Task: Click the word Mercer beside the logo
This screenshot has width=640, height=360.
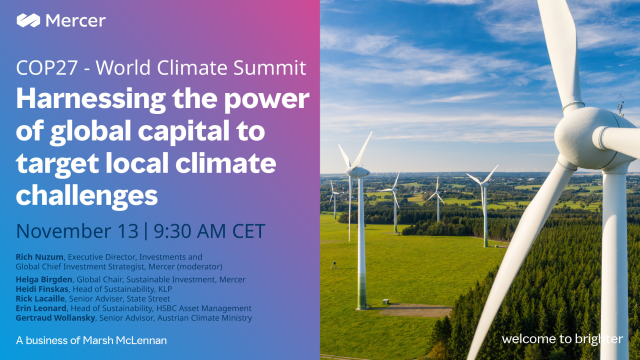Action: (80, 19)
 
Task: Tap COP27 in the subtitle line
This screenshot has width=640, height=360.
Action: (44, 71)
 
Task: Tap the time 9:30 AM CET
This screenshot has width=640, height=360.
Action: (209, 231)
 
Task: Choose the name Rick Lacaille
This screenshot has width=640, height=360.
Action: (39, 298)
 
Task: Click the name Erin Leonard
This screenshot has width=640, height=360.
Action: (40, 308)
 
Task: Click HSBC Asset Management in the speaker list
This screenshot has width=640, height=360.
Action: (201, 308)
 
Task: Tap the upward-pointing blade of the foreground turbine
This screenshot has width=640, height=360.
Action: (556, 50)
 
